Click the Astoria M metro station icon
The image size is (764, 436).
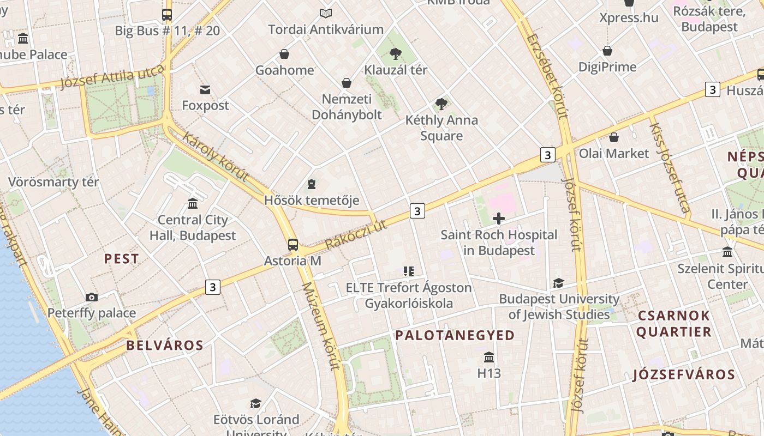coord(293,244)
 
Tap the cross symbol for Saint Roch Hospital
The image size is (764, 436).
coord(498,219)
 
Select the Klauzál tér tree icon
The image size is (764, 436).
coord(396,53)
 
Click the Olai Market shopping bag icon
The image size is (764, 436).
coord(614,137)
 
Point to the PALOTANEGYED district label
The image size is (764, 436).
coord(455,335)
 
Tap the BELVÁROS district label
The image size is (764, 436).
coord(165,345)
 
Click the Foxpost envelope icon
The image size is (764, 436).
coord(205,89)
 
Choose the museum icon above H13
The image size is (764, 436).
coord(489,357)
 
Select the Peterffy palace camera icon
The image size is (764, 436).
coord(92,297)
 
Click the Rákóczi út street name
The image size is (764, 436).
coord(356,235)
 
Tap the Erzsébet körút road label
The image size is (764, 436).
coord(548,76)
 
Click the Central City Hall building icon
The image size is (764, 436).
coord(193,203)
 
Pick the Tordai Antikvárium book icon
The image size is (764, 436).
coord(326,13)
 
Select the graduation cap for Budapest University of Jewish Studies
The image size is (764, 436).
coord(558,283)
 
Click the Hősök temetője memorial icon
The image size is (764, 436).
coord(312,184)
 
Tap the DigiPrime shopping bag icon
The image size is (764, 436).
coord(607,51)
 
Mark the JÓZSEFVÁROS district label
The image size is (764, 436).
coord(684,374)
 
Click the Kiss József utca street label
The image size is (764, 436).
coord(670,167)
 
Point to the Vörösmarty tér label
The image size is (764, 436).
coord(53,181)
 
